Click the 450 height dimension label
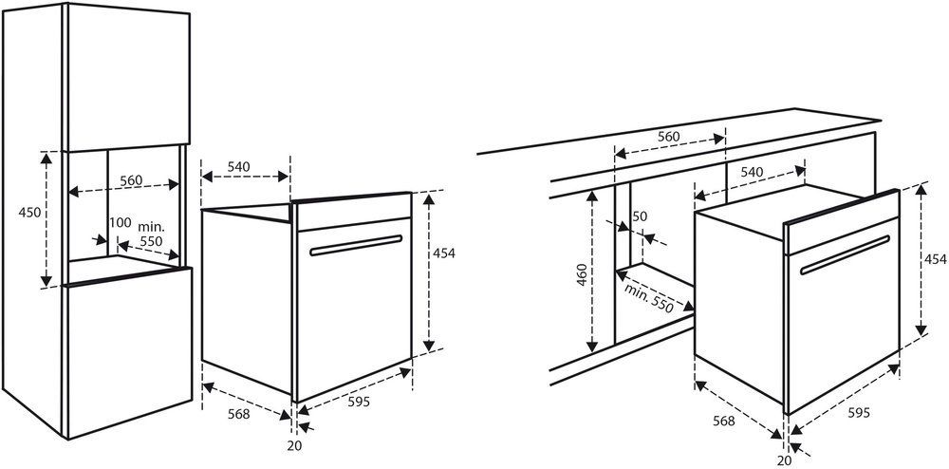click(29, 213)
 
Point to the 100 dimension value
click(120, 223)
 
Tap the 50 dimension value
click(639, 216)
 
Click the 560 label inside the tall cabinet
click(131, 180)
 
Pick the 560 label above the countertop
click(669, 137)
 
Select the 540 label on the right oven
click(752, 173)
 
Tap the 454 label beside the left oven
click(443, 253)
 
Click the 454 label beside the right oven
click(935, 259)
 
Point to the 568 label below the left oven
click(238, 415)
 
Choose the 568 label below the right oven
click(724, 421)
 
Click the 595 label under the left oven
click(359, 402)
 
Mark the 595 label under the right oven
click(859, 413)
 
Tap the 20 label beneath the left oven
click(295, 446)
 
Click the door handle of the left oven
click(356, 245)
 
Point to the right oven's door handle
click(845, 254)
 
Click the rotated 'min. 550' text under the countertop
click(649, 298)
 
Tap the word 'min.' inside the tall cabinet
click(151, 227)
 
